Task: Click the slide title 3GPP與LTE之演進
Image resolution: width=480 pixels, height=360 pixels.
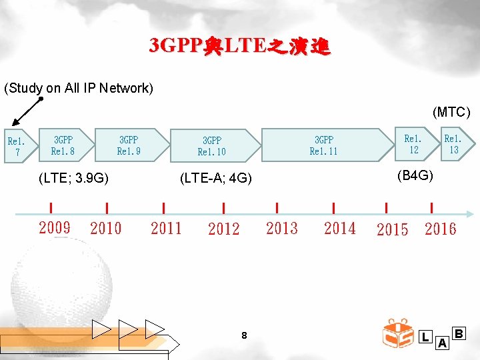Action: (x=239, y=46)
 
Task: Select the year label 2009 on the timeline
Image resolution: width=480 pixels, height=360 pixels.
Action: (x=55, y=228)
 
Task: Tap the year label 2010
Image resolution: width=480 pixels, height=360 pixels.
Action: (x=106, y=229)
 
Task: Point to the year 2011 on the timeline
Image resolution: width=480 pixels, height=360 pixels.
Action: (x=166, y=229)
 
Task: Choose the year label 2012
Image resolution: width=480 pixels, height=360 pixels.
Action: (x=223, y=229)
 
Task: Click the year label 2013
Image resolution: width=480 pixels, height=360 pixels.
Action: (x=281, y=229)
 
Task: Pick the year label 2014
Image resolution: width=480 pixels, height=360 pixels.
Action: (x=339, y=229)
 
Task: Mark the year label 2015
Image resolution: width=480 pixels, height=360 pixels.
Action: (x=392, y=230)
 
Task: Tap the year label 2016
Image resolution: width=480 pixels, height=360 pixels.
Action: (x=441, y=230)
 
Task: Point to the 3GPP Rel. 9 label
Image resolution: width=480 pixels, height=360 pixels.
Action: (x=129, y=145)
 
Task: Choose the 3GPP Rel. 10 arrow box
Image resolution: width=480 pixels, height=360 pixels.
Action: (x=212, y=146)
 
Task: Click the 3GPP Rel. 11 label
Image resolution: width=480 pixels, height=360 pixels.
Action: (x=324, y=145)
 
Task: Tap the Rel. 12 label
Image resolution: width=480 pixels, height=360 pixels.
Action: (x=413, y=144)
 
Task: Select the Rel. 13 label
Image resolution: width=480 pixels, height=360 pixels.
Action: (x=453, y=144)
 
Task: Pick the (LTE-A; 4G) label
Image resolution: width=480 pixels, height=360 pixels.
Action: (x=216, y=178)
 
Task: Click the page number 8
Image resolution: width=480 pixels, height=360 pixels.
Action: (x=244, y=336)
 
